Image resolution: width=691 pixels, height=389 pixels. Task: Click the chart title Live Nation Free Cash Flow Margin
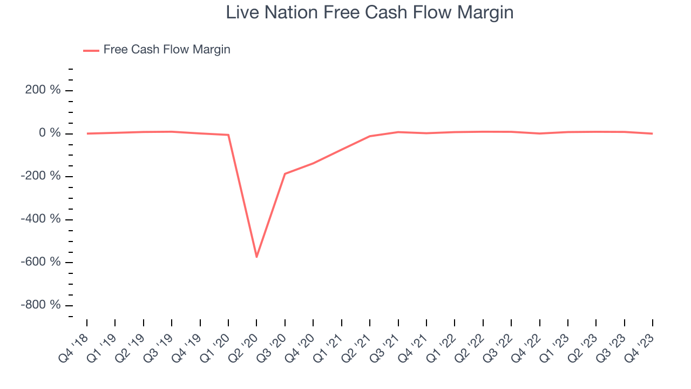pos(369,12)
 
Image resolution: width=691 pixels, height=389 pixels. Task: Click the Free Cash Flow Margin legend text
pos(167,50)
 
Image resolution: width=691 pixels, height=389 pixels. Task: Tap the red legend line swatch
pos(91,50)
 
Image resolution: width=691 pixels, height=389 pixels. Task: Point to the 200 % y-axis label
pos(43,90)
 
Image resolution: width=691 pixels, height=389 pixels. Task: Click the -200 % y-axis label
pos(40,176)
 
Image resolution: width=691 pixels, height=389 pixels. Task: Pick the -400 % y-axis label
pos(40,219)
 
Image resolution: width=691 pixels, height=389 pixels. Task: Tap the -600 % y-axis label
pos(40,262)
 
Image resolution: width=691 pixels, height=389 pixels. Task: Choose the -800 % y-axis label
pos(40,305)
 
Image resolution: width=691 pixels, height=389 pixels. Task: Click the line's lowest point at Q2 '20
pos(256,257)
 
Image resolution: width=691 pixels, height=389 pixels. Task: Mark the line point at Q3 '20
pos(284,174)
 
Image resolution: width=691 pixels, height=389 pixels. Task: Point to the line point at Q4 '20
pos(313,163)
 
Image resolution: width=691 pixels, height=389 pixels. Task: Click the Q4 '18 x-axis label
pos(74,346)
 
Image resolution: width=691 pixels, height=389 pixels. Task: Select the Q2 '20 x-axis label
pos(244,346)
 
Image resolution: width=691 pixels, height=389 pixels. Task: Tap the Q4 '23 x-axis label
pos(640,346)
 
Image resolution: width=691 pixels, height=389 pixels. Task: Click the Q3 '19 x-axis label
pos(159,346)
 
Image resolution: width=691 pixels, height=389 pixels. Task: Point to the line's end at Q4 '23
pos(653,133)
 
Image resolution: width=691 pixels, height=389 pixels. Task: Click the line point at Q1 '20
pos(228,135)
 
